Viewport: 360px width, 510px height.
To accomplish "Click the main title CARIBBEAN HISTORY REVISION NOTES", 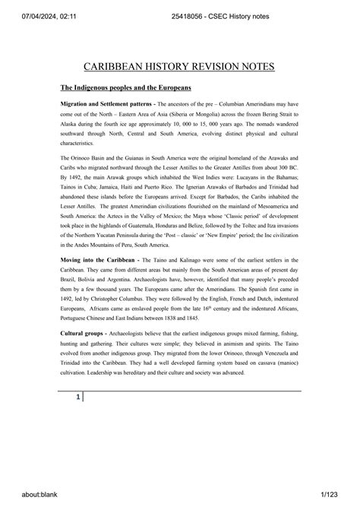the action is pyautogui.click(x=180, y=67).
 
